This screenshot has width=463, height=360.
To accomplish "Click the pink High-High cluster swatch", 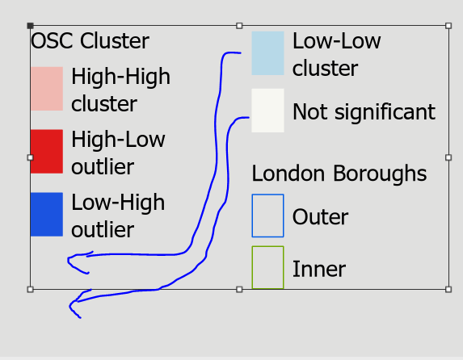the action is click(x=47, y=89).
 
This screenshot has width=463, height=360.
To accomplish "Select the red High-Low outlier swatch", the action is click(x=47, y=152).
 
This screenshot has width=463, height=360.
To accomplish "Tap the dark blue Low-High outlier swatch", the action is click(x=47, y=215).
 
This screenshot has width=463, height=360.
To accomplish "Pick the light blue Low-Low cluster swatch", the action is click(x=267, y=53).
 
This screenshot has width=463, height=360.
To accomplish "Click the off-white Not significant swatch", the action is click(x=267, y=111).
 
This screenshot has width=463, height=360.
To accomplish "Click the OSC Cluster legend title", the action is click(x=90, y=40).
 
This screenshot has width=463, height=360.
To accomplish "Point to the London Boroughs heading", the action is click(x=339, y=173).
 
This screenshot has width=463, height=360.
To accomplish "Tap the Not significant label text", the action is click(x=364, y=112).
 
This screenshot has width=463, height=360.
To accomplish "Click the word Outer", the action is click(x=320, y=217).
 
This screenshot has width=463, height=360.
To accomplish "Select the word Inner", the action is click(x=319, y=269).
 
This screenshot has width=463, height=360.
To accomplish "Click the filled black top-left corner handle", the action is click(x=30, y=26).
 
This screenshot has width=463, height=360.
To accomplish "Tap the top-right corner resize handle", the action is click(x=448, y=26).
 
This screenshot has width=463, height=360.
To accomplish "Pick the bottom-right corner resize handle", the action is click(x=448, y=290).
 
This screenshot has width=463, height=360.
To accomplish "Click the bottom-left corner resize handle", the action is click(x=30, y=290).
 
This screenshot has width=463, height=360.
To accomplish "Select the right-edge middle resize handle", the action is click(x=448, y=157).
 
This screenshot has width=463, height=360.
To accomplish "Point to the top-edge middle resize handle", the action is click(x=239, y=26).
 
